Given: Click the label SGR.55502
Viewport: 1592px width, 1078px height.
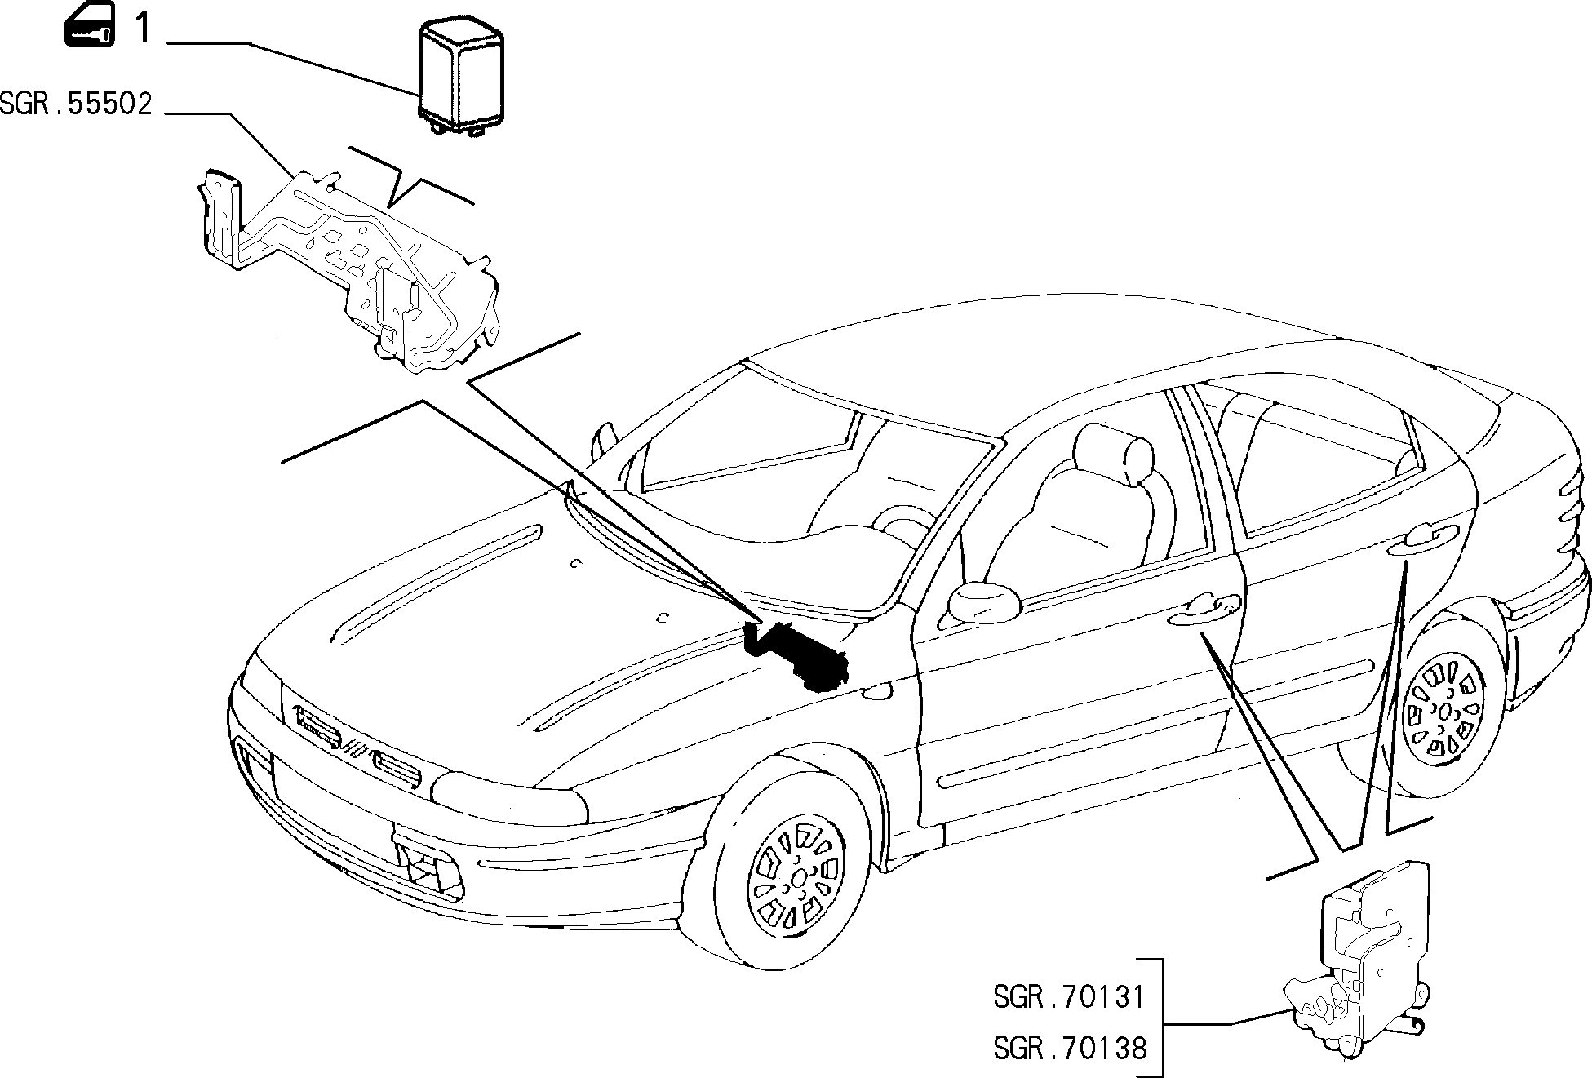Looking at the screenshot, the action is click(x=76, y=104).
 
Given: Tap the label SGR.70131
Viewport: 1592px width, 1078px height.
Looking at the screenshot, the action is click(x=1069, y=997).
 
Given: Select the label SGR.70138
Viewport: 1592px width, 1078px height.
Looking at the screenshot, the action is click(x=1069, y=1048).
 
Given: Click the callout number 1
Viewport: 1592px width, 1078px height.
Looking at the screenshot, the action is click(x=143, y=29).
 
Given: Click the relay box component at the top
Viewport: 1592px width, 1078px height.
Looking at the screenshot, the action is click(x=462, y=78).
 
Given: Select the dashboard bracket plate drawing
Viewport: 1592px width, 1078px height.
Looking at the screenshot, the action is click(x=347, y=269).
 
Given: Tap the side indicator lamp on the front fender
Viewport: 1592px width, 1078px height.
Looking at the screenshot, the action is click(x=877, y=692).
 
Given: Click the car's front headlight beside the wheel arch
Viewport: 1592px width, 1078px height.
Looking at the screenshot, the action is click(x=510, y=796).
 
